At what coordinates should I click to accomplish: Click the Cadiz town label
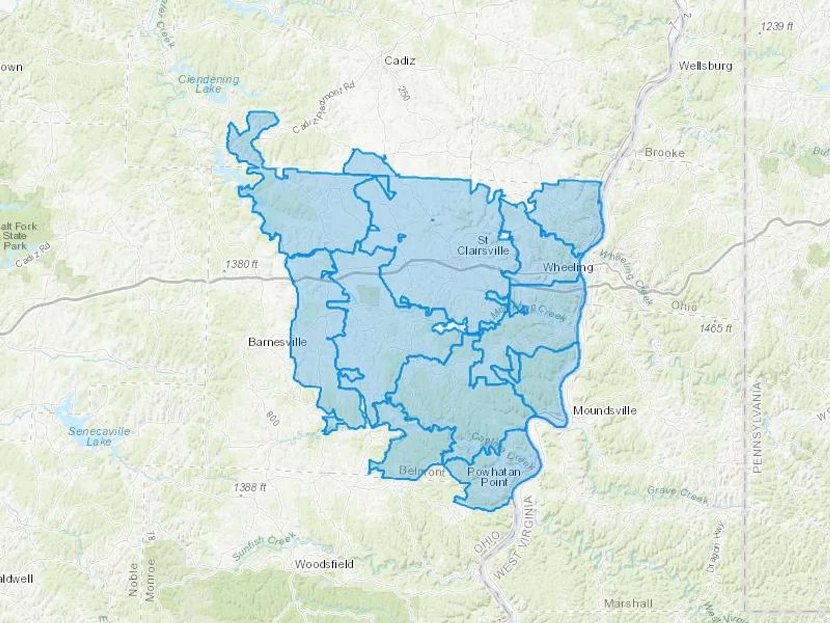(x=400, y=60)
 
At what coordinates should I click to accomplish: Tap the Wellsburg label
(x=705, y=66)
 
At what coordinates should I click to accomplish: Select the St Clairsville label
(x=483, y=246)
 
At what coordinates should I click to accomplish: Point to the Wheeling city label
(x=568, y=267)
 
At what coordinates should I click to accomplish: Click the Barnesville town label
(x=277, y=342)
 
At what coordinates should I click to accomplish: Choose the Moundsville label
(x=605, y=410)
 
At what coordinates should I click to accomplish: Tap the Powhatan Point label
(x=494, y=477)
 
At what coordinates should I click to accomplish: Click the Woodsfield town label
(x=324, y=564)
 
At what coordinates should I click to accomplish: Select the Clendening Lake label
(x=208, y=84)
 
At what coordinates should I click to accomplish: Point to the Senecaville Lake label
(x=99, y=437)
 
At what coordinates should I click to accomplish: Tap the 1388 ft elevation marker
(x=249, y=487)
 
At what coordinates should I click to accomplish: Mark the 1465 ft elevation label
(x=715, y=329)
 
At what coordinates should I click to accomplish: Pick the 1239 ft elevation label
(x=777, y=27)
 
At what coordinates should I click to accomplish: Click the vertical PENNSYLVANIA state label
(x=757, y=427)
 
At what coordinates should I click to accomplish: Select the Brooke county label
(x=664, y=153)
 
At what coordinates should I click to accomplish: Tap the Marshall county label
(x=628, y=603)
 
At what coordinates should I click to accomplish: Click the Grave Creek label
(x=677, y=494)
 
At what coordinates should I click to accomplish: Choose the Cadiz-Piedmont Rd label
(x=324, y=108)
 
